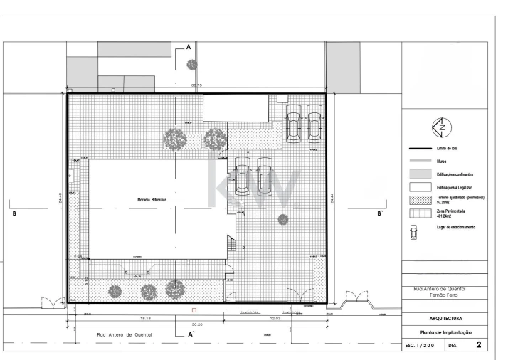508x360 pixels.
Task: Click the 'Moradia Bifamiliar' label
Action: tap(152, 201)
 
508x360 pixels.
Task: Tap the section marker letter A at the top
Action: tap(189, 46)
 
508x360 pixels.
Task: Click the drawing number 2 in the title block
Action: tap(479, 345)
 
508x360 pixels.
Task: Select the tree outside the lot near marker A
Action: tap(192, 65)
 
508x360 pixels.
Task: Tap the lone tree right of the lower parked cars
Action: tap(283, 218)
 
